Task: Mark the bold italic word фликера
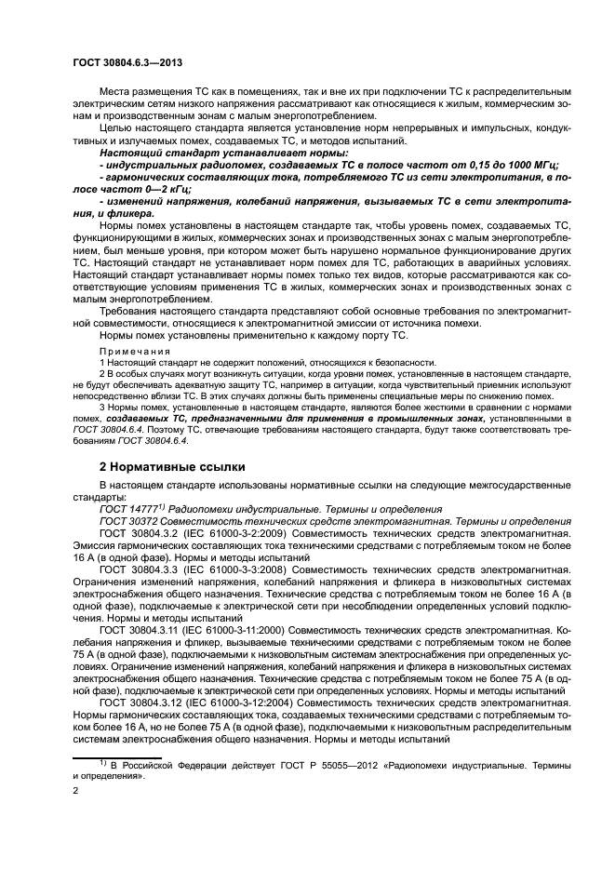134,212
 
